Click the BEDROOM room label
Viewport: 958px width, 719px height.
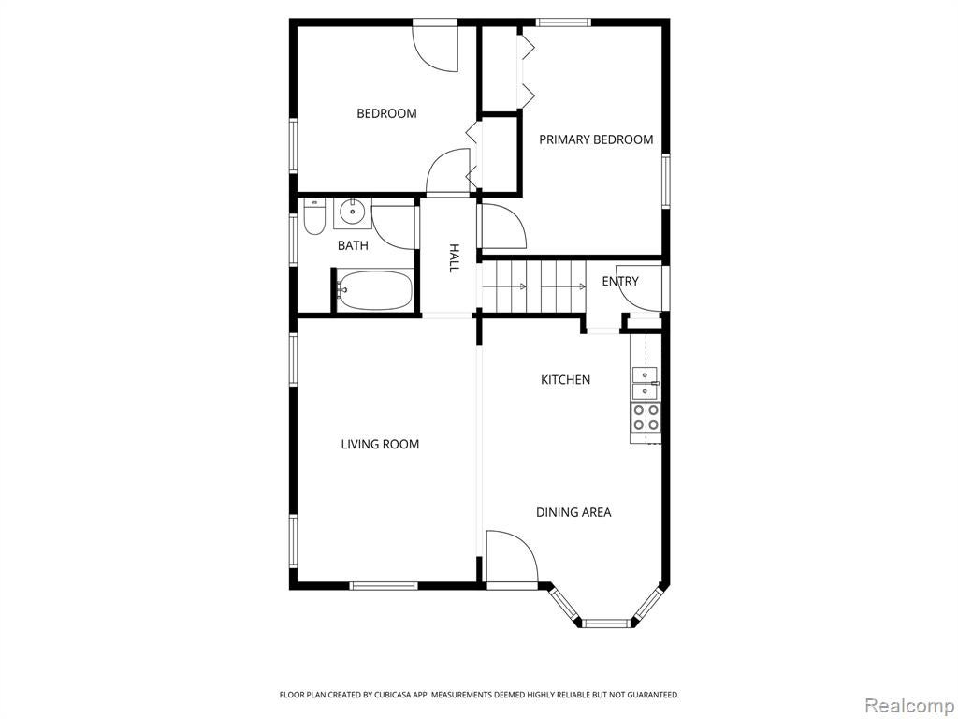tap(386, 113)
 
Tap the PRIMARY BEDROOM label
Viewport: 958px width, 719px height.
tap(596, 139)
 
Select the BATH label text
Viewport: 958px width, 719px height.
tap(353, 246)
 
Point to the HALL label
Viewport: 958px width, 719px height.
tap(454, 258)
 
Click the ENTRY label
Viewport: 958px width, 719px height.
tap(620, 281)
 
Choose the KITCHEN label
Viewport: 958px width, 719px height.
tap(566, 380)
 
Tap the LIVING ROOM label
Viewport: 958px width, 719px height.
tap(380, 444)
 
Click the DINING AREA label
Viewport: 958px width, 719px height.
tap(573, 512)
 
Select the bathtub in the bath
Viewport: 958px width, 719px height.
tap(375, 291)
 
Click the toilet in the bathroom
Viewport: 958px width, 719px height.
tap(314, 217)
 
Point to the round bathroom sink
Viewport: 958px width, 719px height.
tap(353, 213)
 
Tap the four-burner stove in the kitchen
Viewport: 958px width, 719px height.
tap(646, 418)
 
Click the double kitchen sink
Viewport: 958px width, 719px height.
tap(646, 383)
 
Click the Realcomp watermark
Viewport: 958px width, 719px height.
tap(909, 705)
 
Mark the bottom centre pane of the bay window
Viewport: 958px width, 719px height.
tap(605, 623)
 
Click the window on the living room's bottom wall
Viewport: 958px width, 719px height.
tap(384, 586)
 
